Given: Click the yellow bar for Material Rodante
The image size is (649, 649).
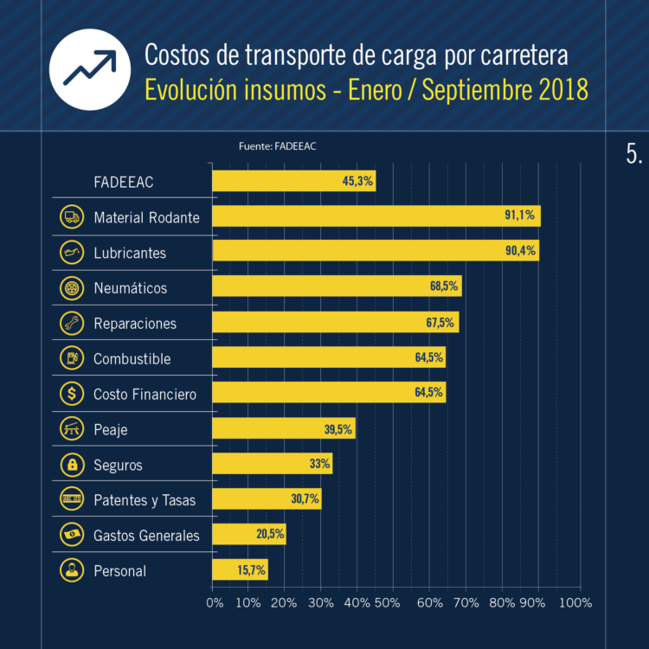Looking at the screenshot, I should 376,216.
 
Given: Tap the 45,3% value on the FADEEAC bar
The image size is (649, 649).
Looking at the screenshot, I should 357,181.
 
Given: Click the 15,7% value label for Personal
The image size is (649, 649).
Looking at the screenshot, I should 251,569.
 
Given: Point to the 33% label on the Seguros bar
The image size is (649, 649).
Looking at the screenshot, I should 319,464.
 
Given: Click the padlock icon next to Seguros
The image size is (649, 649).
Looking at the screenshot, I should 70,465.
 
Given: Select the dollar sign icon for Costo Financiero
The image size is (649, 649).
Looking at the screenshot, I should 70,394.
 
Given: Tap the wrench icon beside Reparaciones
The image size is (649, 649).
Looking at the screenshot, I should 70,323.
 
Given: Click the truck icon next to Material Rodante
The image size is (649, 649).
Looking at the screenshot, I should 70,217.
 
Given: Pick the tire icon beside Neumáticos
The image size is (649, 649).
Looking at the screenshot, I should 70,287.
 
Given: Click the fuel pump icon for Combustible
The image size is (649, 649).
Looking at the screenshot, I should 70,358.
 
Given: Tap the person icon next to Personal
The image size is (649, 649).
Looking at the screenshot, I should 70,570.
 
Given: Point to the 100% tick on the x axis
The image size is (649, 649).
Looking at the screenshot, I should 575,603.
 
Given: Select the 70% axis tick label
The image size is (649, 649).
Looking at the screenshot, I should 466,603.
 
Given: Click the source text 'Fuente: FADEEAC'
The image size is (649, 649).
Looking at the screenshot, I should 277,146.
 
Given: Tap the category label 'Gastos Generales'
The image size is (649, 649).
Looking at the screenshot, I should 146,536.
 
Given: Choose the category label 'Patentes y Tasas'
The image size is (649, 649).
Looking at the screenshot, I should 145,500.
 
